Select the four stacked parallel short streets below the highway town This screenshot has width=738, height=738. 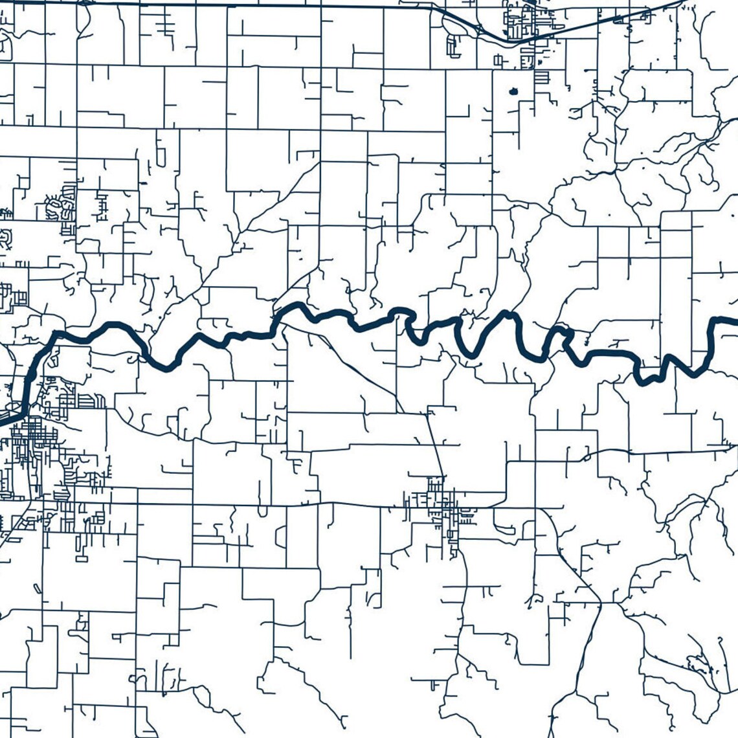point(541,78)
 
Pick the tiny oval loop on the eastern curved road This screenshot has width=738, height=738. point(587,457)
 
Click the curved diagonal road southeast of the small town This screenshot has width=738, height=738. point(570,563)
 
